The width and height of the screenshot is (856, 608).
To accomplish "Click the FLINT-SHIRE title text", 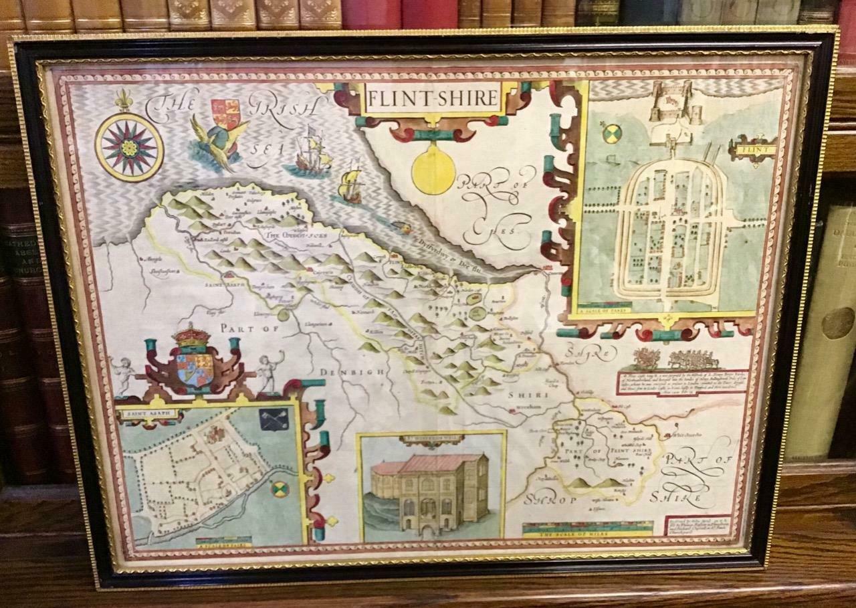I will (x=432, y=99).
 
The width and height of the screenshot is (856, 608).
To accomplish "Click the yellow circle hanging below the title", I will (x=433, y=171).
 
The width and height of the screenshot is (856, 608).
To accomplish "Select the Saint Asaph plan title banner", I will (x=150, y=414).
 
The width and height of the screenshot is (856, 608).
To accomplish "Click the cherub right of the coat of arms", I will (x=270, y=371).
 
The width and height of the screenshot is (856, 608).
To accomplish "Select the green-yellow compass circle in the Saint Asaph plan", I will (x=280, y=488).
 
